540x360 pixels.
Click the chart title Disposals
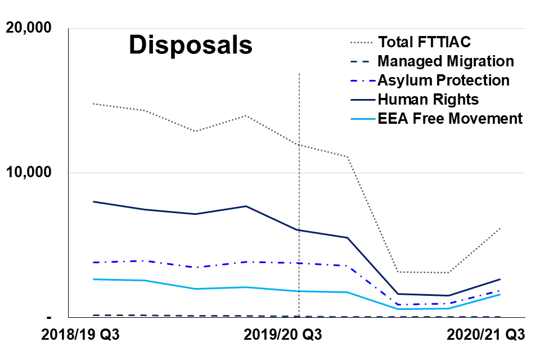(x=191, y=45)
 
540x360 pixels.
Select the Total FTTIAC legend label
(x=424, y=42)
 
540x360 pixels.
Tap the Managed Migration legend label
(x=445, y=61)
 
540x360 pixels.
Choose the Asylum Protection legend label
(x=443, y=80)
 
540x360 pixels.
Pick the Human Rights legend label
(x=428, y=100)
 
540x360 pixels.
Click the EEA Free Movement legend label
(x=450, y=119)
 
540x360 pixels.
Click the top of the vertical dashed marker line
(x=299, y=73)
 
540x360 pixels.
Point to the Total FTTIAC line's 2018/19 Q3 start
(x=93, y=103)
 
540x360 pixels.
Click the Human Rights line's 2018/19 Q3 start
(x=93, y=201)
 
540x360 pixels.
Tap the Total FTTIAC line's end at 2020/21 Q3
(x=499, y=228)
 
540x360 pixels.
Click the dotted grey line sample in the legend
(x=360, y=43)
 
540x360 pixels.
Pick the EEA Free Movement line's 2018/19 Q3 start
(x=93, y=279)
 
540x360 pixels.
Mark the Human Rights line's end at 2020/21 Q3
(x=499, y=279)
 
